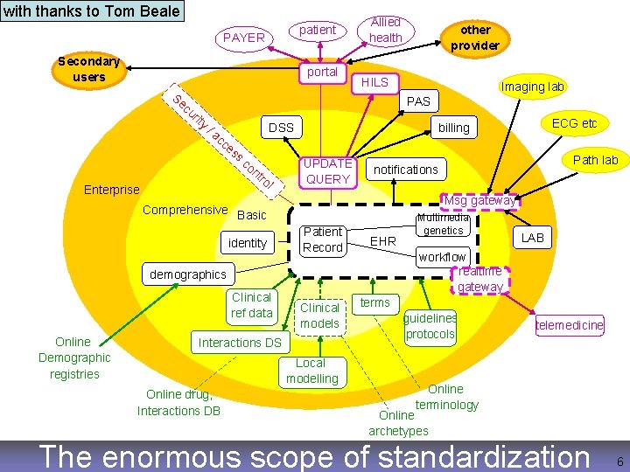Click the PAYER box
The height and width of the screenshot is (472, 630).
point(243,38)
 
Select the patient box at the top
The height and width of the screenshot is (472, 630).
point(318,30)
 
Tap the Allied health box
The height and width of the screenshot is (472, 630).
point(385,29)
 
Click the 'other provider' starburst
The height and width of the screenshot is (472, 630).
point(475,37)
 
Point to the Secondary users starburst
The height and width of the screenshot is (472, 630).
point(88,69)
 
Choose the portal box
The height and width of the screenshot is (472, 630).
point(322,72)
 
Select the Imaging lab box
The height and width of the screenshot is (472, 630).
point(532,86)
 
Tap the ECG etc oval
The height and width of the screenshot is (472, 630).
point(575,123)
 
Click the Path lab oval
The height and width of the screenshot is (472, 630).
point(595,159)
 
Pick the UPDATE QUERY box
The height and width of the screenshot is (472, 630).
point(326,171)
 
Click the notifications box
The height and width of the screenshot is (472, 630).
point(406,169)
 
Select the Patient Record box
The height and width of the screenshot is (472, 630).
point(323,239)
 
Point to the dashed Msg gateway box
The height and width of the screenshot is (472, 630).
point(481,200)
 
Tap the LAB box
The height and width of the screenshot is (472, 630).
point(533,238)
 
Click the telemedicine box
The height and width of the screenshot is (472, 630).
point(570,325)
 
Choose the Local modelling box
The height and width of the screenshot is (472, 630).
point(311,371)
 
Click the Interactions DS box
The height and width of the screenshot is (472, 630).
point(240,342)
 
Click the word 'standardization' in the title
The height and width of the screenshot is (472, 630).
point(474,456)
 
